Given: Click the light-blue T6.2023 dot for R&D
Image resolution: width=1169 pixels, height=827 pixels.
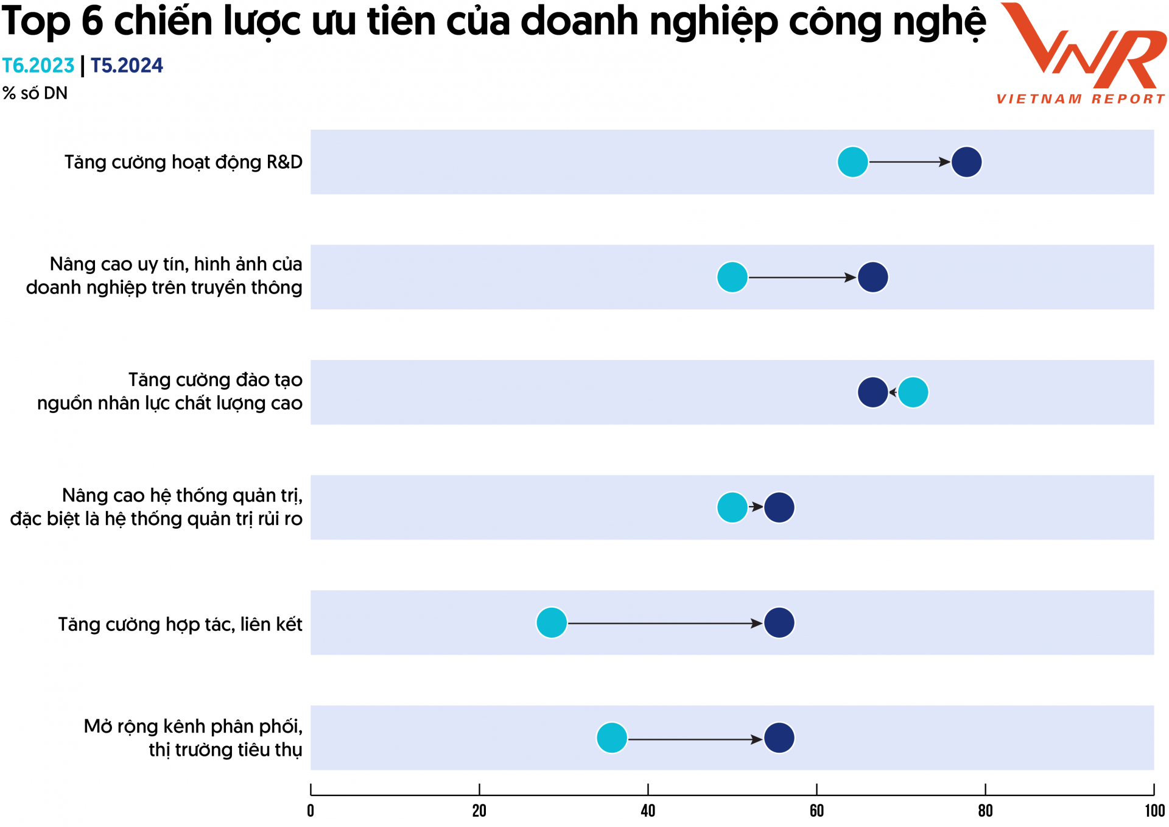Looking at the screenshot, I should pyautogui.click(x=852, y=162).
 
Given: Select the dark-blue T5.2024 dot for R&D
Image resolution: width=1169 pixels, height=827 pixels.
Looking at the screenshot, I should pyautogui.click(x=966, y=162).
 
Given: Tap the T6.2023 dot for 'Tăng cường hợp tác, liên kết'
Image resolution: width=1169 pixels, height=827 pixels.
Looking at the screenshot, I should pyautogui.click(x=552, y=623).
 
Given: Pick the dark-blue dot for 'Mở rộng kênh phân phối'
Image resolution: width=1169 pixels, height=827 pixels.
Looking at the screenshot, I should pyautogui.click(x=779, y=738).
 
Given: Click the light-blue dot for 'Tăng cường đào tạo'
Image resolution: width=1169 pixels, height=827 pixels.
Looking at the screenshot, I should pyautogui.click(x=913, y=392).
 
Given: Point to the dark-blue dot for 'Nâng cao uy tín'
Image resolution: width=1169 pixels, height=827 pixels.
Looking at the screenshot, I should pyautogui.click(x=872, y=277).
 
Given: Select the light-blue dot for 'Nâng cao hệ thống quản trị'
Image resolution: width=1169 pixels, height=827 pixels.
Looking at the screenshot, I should pyautogui.click(x=732, y=507).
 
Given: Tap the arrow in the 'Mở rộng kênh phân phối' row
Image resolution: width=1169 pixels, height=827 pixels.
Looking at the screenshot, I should pyautogui.click(x=695, y=739).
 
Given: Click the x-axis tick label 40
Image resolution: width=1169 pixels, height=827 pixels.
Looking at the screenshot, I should pyautogui.click(x=648, y=811).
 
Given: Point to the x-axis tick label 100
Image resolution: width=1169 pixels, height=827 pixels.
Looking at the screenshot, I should pyautogui.click(x=1154, y=811).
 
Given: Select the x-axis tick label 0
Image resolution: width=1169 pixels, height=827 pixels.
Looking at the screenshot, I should pyautogui.click(x=311, y=811).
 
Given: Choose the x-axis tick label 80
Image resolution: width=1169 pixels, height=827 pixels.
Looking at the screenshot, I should pyautogui.click(x=985, y=811).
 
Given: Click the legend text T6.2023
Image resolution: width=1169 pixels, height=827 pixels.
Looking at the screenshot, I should pyautogui.click(x=38, y=65).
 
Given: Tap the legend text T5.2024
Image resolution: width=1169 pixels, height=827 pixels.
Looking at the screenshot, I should pyautogui.click(x=127, y=65).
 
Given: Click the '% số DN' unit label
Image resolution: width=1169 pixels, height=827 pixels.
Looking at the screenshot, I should pyautogui.click(x=35, y=93).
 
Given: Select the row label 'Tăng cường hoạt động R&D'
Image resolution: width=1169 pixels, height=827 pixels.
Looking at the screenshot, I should pyautogui.click(x=183, y=162).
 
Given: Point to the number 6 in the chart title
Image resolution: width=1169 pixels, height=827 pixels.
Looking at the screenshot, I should pyautogui.click(x=93, y=21).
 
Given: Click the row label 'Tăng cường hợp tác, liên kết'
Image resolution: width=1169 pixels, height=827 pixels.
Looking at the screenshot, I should pyautogui.click(x=180, y=624).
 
